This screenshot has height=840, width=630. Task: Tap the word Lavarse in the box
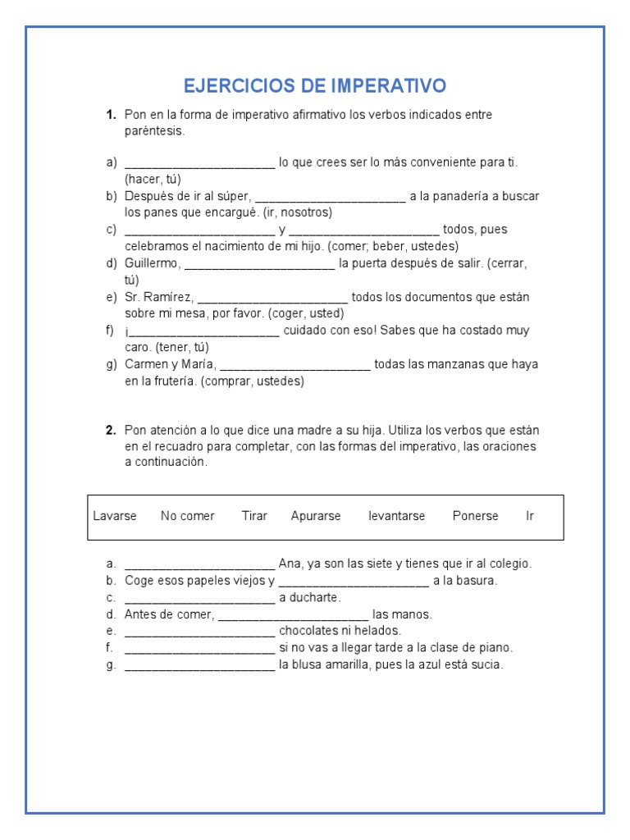tap(115, 516)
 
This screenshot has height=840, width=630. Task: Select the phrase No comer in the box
tap(188, 516)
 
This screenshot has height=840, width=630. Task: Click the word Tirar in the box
tap(254, 516)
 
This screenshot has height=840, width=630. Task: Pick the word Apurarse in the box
tap(316, 516)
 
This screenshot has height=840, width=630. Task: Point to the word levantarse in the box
tap(397, 516)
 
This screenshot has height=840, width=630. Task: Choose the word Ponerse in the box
tap(475, 516)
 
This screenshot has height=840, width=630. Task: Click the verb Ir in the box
tap(530, 516)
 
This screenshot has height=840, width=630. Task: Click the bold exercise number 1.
tap(110, 115)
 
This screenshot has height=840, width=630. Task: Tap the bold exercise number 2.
tap(110, 430)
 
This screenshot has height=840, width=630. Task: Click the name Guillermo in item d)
tap(153, 263)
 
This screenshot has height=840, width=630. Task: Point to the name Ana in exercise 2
tap(290, 564)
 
